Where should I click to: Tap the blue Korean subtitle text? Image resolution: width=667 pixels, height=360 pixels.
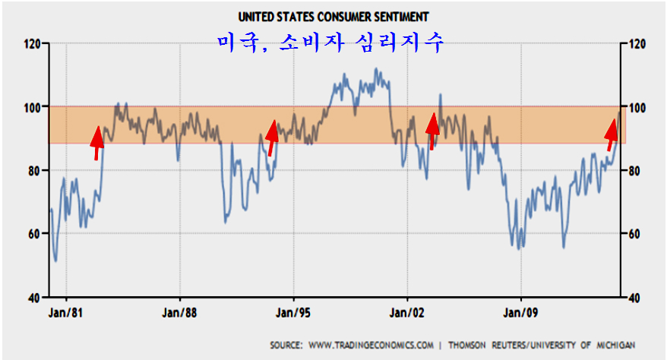tap(330, 41)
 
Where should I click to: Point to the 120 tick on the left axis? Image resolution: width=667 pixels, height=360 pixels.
tap(31, 43)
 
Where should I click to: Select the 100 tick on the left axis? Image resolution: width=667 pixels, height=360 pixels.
tap(31, 107)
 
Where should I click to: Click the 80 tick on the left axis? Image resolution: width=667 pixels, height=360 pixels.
tap(34, 171)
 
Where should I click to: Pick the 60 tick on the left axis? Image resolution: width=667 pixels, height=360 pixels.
tap(34, 234)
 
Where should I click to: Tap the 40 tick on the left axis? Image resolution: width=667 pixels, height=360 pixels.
tap(34, 297)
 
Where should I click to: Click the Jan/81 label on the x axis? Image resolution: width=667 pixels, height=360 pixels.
tap(66, 311)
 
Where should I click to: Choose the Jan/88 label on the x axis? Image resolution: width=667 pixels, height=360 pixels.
tap(180, 311)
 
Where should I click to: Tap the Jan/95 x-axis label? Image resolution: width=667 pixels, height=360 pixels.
tap(293, 311)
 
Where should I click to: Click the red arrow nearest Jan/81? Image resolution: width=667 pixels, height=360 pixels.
tap(96, 142)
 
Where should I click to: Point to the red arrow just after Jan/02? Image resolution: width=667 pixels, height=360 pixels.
tap(432, 131)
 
